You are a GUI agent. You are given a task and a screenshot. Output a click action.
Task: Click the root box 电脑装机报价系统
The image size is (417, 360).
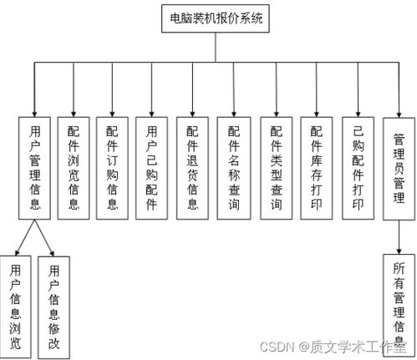pos(216,18)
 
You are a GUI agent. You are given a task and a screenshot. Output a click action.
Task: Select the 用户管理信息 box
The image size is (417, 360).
pos(34,168)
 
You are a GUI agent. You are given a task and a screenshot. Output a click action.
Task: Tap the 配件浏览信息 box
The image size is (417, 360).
pos(74,168)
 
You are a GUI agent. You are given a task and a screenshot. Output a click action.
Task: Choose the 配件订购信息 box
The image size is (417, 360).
pos(112,168)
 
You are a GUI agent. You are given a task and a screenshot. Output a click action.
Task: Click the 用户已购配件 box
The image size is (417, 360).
pos(151,168)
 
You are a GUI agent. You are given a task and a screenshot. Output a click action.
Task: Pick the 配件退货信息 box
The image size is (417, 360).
pos(192,168)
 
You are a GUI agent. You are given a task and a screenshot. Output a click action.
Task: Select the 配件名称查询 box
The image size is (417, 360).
pos(234,168)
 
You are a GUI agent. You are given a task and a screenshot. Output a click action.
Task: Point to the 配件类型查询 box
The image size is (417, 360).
pos(277,168)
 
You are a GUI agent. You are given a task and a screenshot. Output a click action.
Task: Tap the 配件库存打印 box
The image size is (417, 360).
pos(317,168)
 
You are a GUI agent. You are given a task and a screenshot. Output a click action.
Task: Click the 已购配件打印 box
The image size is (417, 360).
pos(359,168)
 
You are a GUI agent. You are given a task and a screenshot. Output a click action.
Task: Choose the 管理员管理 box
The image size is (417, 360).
pos(399,169)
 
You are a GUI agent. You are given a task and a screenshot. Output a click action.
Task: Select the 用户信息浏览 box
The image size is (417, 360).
pos(15,307)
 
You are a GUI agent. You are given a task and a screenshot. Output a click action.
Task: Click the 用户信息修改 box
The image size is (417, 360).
pos(53,307)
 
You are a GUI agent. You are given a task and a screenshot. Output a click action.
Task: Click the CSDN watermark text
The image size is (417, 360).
pos(333,347)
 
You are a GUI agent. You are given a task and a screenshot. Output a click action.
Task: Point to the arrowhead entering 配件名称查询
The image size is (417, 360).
pos(234,114)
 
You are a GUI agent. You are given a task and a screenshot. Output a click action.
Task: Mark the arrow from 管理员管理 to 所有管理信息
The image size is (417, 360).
pos(399,237)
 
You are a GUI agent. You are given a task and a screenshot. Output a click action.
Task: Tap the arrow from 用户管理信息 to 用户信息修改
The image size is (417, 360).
pos(44,238)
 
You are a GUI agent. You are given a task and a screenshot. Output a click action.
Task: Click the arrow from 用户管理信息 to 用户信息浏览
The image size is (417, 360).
pos(25,237)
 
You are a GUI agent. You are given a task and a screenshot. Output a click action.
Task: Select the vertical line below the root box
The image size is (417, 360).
pos(216,48)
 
